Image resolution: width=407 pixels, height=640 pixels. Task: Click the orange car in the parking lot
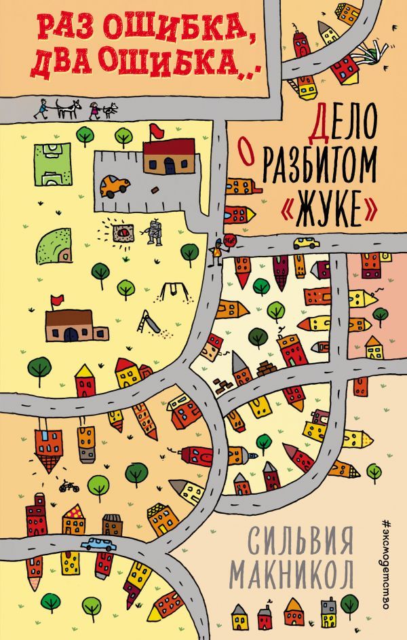(116, 185)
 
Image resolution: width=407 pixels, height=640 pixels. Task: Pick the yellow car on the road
(307, 242)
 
